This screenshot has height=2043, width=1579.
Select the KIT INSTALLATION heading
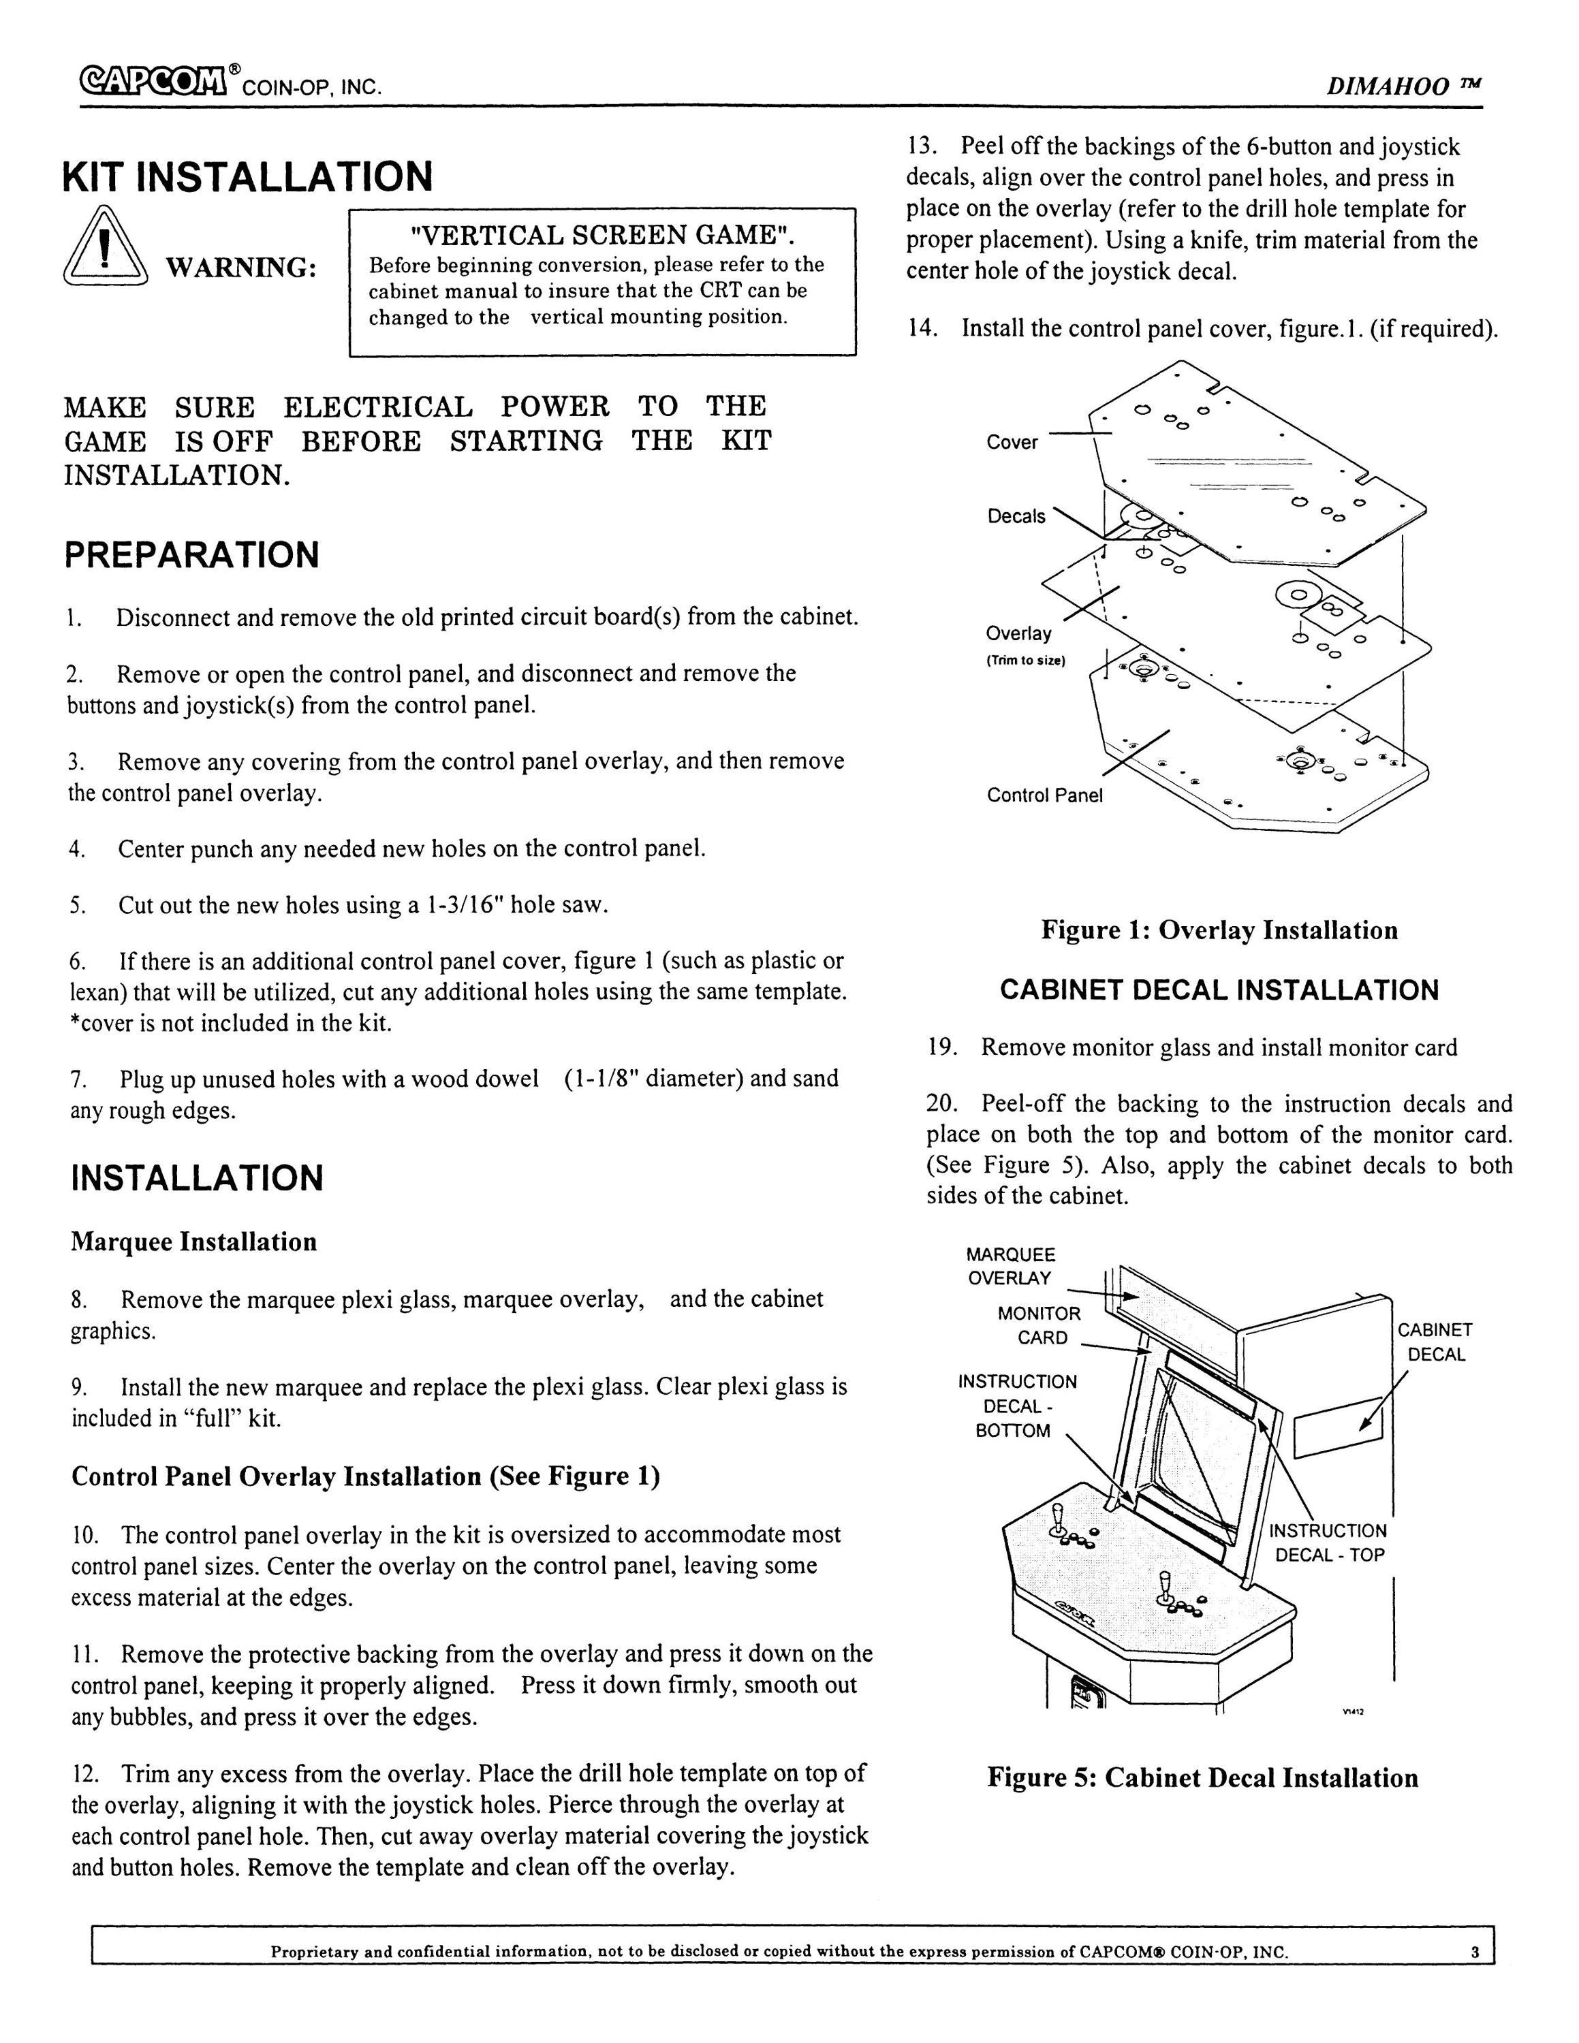pos(248,176)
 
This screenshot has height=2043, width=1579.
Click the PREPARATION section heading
pos(192,555)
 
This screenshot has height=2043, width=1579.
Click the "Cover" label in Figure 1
pos(1012,443)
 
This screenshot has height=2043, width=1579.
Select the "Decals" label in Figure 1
pos(1017,516)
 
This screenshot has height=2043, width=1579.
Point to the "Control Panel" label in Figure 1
pos(1045,795)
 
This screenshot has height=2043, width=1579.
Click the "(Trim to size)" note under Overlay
pos(1026,661)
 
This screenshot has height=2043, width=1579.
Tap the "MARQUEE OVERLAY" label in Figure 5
pos(1010,1266)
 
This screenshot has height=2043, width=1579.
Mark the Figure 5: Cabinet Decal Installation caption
pos(1203,1778)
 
